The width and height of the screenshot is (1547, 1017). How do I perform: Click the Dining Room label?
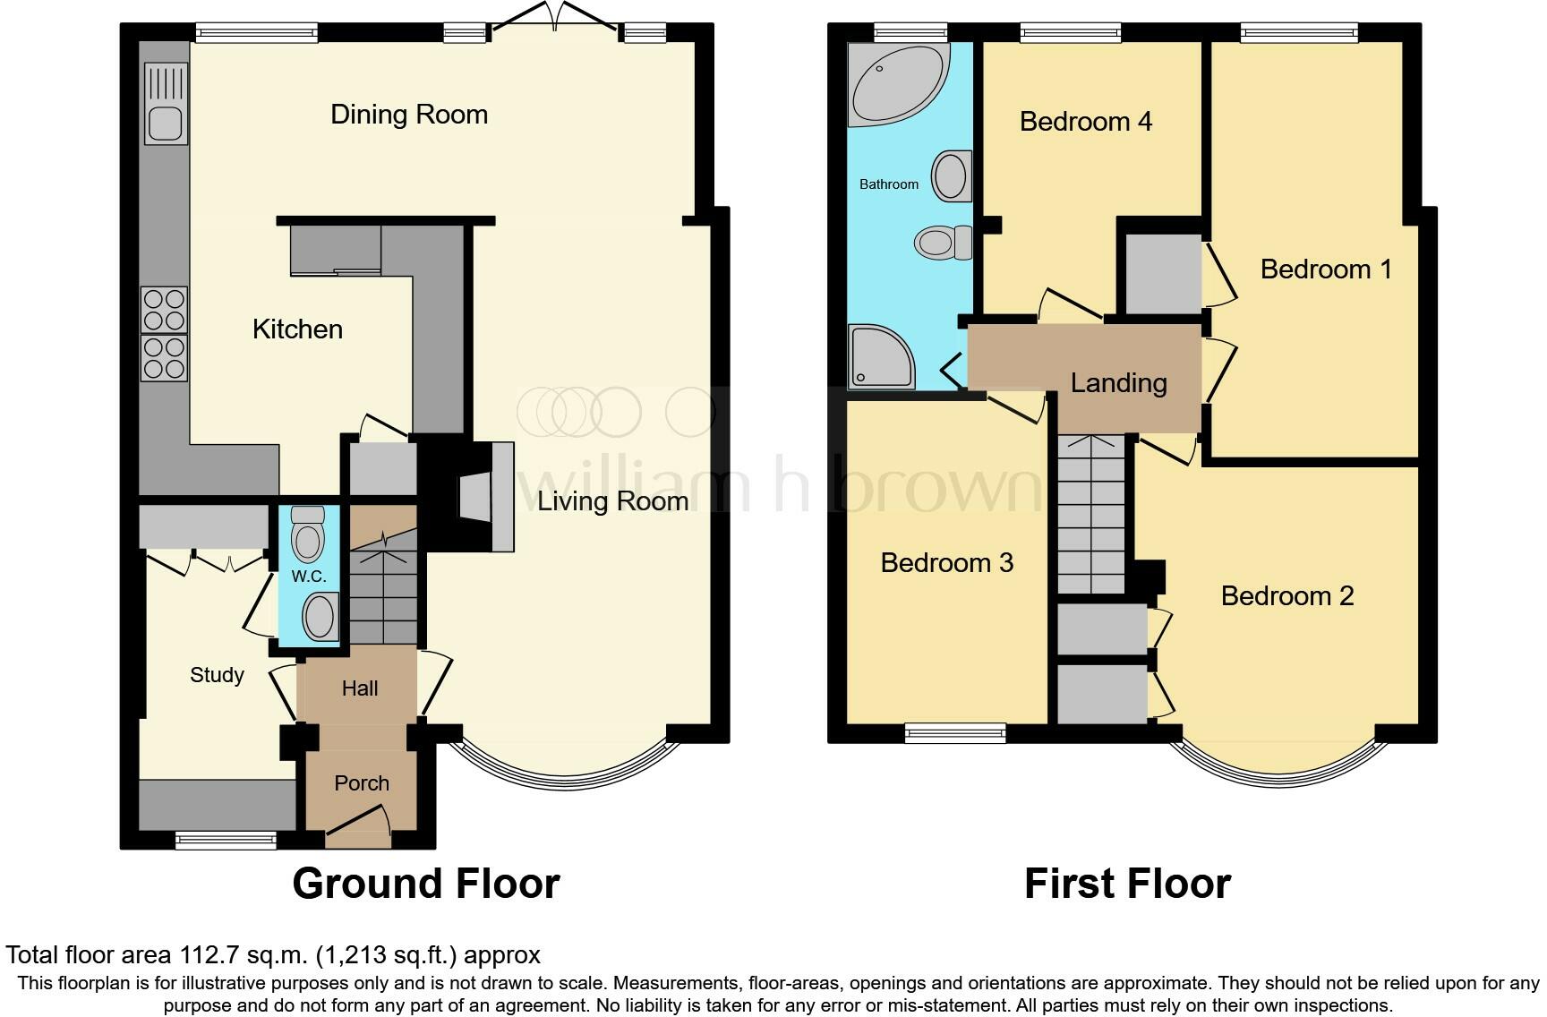[x=409, y=115]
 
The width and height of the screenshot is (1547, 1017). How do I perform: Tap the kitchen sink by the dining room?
[x=166, y=104]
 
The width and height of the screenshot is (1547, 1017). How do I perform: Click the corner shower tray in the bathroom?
[x=881, y=357]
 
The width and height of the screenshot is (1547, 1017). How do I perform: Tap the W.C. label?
[x=309, y=576]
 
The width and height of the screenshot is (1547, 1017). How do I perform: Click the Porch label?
[x=362, y=783]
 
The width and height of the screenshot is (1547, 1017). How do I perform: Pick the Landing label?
[x=1118, y=383]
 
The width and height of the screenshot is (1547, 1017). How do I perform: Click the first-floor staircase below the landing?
[x=1090, y=515]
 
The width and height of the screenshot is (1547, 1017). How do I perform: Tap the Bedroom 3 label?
[x=946, y=563]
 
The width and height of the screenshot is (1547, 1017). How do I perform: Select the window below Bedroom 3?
[x=955, y=733]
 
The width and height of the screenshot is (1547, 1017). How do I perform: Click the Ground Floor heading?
[x=425, y=884]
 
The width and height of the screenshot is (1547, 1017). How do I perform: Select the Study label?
[x=217, y=675]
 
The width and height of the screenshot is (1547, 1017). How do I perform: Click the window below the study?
[x=226, y=840]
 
